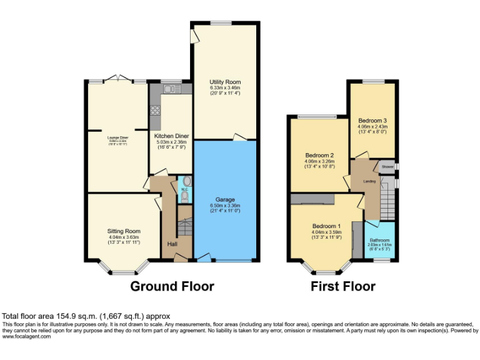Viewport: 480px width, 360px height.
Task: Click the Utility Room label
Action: (x=225, y=82)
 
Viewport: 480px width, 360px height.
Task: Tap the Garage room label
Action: (x=225, y=200)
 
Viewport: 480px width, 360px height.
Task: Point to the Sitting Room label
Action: (x=124, y=231)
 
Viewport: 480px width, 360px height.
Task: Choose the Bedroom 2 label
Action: (x=319, y=156)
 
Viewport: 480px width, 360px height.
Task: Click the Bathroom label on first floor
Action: (x=379, y=240)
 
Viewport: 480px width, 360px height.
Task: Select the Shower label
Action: (x=388, y=167)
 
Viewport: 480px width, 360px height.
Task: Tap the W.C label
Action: (x=184, y=189)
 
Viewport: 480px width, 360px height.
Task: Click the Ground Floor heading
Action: (x=172, y=287)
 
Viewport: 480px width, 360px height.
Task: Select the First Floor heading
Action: (x=343, y=287)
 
